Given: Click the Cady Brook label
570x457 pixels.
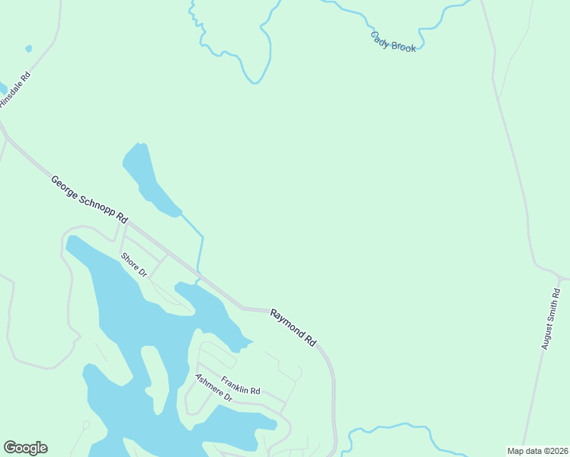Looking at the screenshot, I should (x=393, y=41).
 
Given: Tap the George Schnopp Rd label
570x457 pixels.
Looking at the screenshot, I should (x=88, y=200).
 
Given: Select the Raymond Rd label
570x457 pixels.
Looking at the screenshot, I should (x=293, y=328).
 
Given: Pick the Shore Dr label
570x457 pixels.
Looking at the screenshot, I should (x=133, y=264).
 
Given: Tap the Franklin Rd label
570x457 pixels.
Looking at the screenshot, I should (x=241, y=385).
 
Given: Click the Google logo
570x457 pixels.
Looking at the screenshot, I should (x=25, y=448).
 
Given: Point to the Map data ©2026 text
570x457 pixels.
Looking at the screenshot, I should (x=537, y=451).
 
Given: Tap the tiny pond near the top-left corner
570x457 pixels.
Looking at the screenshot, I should (x=29, y=49).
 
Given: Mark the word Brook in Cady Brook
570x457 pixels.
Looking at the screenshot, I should (x=405, y=46).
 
